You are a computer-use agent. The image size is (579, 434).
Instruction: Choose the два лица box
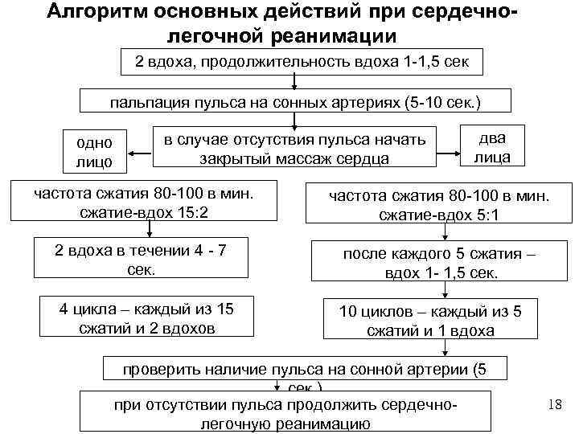(491, 145)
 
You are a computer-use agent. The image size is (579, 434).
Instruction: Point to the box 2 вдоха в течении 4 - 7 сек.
(141, 260)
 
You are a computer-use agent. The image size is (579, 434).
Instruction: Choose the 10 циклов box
(441, 321)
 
